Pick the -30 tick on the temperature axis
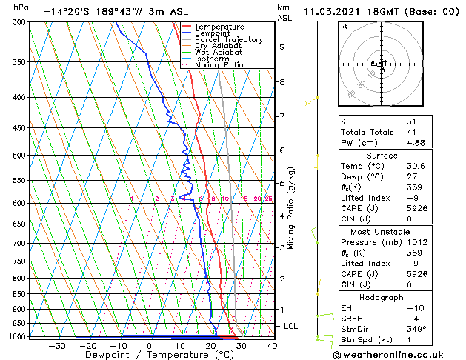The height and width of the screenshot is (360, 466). [56, 345]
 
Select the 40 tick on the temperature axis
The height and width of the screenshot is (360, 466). [272, 345]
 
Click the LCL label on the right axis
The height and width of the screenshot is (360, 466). [291, 326]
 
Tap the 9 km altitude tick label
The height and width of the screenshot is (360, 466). [282, 47]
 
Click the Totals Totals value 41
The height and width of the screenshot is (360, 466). [411, 132]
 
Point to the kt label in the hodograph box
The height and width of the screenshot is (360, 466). [344, 26]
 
